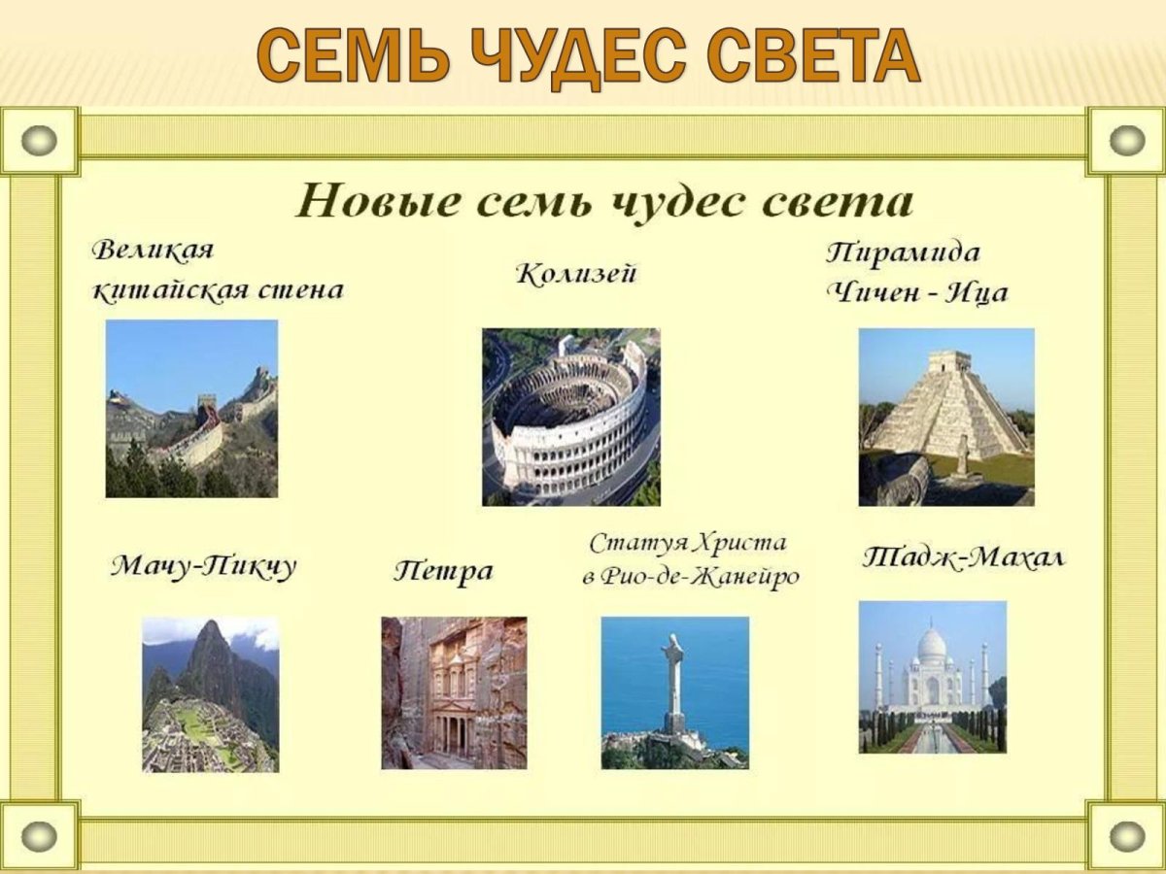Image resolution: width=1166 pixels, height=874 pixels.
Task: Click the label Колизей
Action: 575,275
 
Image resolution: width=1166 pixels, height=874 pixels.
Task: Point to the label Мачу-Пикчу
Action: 202,566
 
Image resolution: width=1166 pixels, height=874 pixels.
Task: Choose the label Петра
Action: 443,571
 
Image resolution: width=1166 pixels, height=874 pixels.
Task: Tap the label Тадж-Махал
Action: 963,558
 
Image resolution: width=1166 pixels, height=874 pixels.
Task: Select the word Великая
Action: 153,250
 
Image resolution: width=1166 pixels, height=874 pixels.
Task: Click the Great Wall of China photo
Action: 191,409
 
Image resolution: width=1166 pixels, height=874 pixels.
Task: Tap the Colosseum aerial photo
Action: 570,417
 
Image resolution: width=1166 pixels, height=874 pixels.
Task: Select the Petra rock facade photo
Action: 454,692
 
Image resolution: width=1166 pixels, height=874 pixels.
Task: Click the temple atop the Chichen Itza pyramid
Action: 948,361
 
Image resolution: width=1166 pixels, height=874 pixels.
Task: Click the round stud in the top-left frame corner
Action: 39,141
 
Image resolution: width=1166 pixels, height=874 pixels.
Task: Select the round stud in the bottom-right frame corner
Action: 1126,834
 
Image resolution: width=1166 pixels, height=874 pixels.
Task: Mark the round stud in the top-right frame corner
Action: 1126,141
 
